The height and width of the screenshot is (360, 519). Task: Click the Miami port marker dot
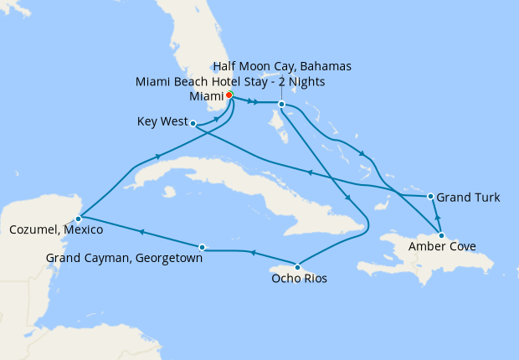tap(229, 95)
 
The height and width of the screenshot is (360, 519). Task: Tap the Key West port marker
tap(193, 124)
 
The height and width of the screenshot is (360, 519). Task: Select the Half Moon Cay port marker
tap(282, 104)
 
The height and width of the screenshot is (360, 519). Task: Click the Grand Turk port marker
tap(430, 197)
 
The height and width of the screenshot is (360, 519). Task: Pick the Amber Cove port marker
tap(441, 235)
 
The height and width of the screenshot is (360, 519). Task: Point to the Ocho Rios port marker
tap(298, 266)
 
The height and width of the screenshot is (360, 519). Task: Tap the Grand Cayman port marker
tap(203, 247)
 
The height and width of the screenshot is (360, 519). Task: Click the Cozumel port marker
tap(78, 218)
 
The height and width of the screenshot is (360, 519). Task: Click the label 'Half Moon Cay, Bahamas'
tap(282, 66)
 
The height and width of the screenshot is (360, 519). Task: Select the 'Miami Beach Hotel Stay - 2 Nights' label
tap(230, 81)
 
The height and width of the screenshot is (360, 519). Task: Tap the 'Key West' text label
tap(162, 121)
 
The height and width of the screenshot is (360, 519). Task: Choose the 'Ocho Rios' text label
tap(298, 278)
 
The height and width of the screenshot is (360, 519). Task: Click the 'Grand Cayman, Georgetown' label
tap(125, 258)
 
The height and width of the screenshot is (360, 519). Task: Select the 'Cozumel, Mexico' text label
tap(56, 229)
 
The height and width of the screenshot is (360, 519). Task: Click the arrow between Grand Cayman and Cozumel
tap(141, 233)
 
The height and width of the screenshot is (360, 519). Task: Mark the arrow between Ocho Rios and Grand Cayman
tap(251, 253)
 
